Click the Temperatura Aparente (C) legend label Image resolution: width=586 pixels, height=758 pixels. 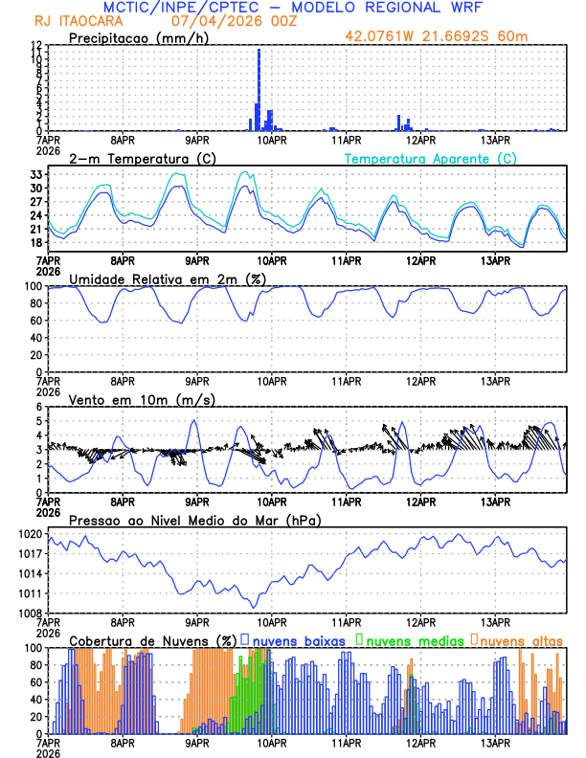coord(431,158)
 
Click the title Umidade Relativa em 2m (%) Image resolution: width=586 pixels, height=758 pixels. coord(168,279)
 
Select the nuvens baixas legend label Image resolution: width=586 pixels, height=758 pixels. coord(298,639)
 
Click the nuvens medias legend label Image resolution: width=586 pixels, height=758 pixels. coord(414,639)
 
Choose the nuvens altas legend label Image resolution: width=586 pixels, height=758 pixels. coord(522,639)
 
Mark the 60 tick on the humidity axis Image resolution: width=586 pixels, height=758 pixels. coord(34,320)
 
